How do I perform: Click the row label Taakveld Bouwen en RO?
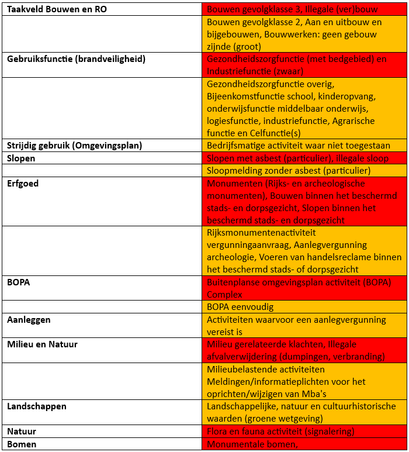(57, 9)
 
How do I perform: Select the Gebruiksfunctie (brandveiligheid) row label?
(76, 59)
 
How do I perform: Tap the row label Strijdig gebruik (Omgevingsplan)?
(74, 146)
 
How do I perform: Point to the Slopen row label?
(21, 158)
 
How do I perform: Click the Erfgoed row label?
(22, 183)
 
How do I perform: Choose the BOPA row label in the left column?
(18, 282)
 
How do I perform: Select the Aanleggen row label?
(29, 320)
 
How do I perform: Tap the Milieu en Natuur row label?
(42, 344)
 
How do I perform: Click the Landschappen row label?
(36, 406)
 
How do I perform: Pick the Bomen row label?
(22, 444)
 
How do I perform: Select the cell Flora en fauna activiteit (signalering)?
(280, 432)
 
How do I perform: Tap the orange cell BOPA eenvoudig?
(240, 307)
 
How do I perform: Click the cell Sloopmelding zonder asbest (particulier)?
(289, 171)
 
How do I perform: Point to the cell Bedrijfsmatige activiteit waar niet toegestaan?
(299, 146)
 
